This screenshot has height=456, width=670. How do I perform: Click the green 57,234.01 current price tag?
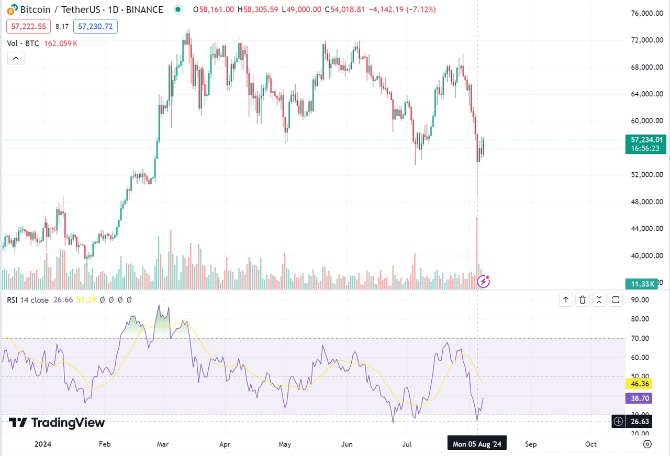coord(647,140)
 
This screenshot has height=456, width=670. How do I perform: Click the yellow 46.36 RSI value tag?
coord(639,384)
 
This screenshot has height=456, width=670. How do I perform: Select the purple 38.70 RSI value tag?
coord(639,398)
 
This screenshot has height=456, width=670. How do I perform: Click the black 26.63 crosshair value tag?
coord(639,421)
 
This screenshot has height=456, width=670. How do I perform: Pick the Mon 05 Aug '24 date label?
coord(477,444)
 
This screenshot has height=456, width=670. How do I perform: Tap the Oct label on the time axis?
coord(590,444)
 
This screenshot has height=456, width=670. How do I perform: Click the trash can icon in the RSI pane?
coord(583,300)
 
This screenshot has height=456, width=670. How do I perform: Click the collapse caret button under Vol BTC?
coord(15,58)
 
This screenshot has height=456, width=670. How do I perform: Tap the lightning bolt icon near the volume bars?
coord(484,282)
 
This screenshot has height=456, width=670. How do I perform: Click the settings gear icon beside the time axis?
coord(647,444)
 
